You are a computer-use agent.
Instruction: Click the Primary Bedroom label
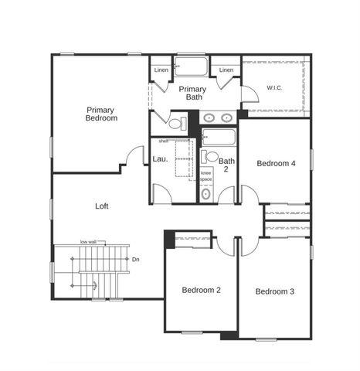[101, 114]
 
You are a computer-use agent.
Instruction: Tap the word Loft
[101, 206]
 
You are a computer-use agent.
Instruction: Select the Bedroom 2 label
[202, 290]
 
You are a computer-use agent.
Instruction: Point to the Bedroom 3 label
[275, 291]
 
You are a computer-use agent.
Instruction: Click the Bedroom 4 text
[276, 163]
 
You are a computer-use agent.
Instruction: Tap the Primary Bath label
[192, 94]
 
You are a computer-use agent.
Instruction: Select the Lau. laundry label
[160, 158]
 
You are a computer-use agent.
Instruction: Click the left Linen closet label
[161, 71]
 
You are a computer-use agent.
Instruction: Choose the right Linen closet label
[226, 71]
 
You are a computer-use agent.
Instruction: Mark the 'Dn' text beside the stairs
[135, 260]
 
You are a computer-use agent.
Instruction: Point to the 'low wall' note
[88, 242]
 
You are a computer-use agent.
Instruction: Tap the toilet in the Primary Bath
[176, 124]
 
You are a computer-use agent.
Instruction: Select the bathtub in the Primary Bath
[192, 66]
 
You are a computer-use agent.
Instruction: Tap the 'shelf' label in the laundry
[163, 141]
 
